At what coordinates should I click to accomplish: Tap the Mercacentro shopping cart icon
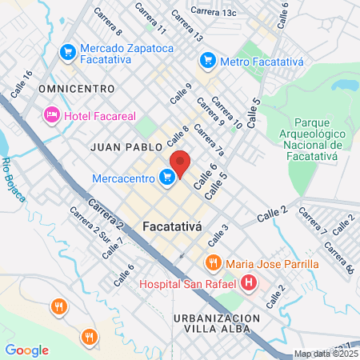[x=167, y=177]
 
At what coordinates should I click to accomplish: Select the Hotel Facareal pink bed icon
[x=52, y=115]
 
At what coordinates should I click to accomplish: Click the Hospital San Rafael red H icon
[x=249, y=283]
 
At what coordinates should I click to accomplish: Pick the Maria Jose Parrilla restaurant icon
[x=213, y=263]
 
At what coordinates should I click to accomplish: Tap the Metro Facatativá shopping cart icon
[x=208, y=59]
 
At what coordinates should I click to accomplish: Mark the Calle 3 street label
[x=218, y=234]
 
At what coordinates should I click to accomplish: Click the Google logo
[x=26, y=350]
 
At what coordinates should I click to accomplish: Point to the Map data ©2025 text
[x=325, y=354]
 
